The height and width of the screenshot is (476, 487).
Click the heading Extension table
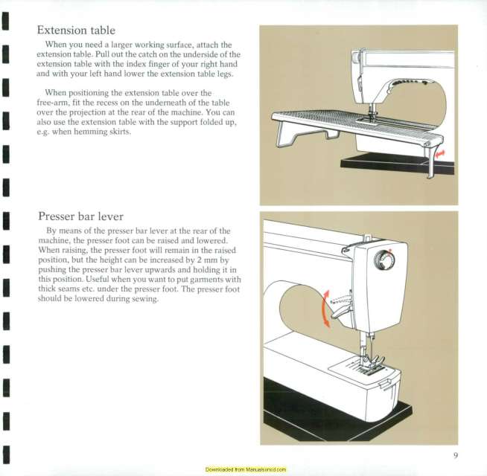click(77, 30)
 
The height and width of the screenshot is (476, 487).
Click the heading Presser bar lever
click(80, 217)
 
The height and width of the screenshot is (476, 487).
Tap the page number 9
click(454, 456)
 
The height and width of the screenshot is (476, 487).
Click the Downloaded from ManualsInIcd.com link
click(245, 470)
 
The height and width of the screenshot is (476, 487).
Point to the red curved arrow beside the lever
click(323, 309)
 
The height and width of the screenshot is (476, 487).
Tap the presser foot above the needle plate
click(370, 364)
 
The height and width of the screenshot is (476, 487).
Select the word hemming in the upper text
click(90, 132)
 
